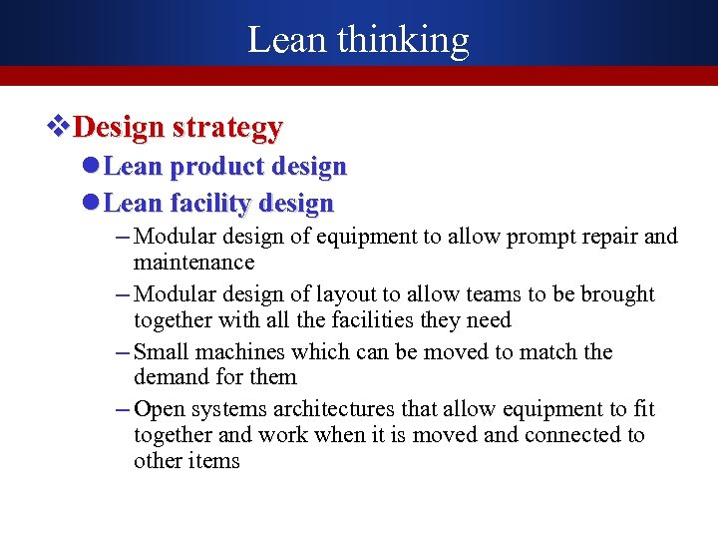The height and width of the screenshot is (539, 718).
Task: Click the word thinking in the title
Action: [x=403, y=40]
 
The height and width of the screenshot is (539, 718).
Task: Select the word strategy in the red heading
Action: [x=227, y=128]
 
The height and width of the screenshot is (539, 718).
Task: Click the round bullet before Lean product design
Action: [x=90, y=166]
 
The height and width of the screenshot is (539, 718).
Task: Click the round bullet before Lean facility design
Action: [x=90, y=204]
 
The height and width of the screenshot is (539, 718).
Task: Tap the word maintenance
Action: [x=193, y=263]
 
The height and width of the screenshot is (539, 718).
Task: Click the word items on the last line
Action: [x=212, y=461]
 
